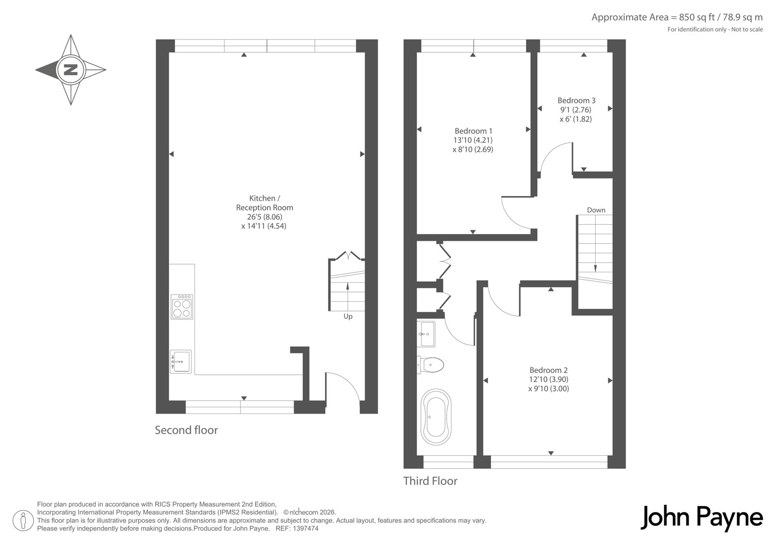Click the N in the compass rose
pos(71,70)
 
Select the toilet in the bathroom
pos(430,365)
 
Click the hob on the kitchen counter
pos(182,307)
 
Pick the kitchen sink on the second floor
pos(180,361)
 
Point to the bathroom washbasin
pos(426,333)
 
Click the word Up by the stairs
pos(348,316)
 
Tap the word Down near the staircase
pos(596,210)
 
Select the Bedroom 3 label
pos(577,100)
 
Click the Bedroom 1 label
pos(473,131)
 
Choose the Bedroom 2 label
pos(549,370)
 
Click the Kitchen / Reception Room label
pos(264,203)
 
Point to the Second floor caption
pos(186,430)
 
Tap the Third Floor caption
pos(430,481)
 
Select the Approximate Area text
pos(677,17)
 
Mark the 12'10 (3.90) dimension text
pos(549,380)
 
